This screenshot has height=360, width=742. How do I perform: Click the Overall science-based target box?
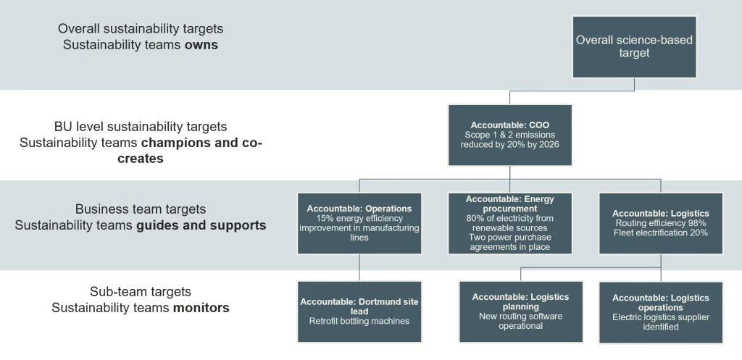tap(634, 46)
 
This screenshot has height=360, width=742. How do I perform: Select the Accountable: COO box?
tap(510, 134)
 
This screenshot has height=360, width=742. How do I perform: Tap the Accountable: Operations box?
tap(359, 222)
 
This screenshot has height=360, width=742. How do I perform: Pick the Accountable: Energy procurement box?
tap(510, 222)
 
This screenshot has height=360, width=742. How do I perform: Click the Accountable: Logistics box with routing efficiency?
tap(660, 222)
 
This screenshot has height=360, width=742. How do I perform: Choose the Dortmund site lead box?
tap(359, 311)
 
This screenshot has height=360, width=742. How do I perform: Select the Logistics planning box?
tap(520, 311)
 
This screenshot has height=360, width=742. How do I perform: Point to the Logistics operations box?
tap(660, 311)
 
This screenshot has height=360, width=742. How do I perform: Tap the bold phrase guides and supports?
tap(201, 225)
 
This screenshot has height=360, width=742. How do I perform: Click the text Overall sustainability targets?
tap(141, 29)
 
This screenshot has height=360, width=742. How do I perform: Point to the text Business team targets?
tap(141, 209)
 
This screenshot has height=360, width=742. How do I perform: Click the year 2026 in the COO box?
tap(548, 143)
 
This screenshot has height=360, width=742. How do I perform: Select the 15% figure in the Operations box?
tap(325, 218)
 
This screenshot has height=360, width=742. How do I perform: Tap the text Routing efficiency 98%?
tap(660, 223)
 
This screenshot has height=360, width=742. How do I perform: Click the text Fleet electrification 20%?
tap(660, 233)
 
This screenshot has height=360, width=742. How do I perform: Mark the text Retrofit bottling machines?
tap(359, 321)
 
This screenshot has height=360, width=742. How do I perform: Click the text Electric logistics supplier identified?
tap(660, 322)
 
